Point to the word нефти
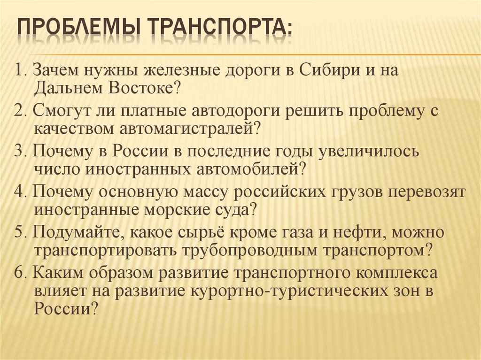(362, 232)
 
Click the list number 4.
(18, 192)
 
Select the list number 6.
(18, 273)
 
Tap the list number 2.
(18, 111)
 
